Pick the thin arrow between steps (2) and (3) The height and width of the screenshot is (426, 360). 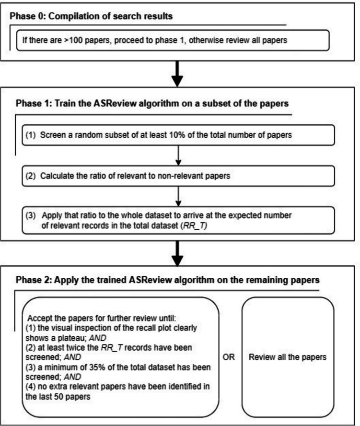(177, 195)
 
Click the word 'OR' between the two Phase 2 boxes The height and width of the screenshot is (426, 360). (229, 357)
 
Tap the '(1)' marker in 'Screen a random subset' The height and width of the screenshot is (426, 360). (30, 135)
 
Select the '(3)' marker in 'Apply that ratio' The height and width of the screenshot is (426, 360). (30, 215)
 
